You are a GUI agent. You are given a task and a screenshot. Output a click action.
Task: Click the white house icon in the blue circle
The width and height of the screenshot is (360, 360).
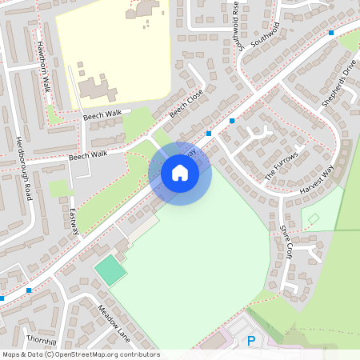pos(180,172)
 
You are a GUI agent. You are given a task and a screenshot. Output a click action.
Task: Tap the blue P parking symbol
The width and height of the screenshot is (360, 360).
pos(250,342)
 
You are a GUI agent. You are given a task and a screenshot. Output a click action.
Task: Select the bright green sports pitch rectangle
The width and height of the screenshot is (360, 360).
pos(110,270)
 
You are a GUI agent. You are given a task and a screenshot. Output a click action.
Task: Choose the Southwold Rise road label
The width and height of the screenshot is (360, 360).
pos(236,26)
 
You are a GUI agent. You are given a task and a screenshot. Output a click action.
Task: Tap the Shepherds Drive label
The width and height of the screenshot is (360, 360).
pos(337,84)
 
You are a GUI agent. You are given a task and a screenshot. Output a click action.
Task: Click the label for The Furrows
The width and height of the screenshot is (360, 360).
pos(281,165)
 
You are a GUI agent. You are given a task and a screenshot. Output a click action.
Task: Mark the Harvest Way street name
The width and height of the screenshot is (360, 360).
pos(317,182)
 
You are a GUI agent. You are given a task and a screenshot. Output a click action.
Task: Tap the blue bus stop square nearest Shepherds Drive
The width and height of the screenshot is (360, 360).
pos(330,33)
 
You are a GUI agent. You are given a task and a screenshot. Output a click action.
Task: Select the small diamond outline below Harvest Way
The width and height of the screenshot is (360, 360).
pos(314,218)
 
